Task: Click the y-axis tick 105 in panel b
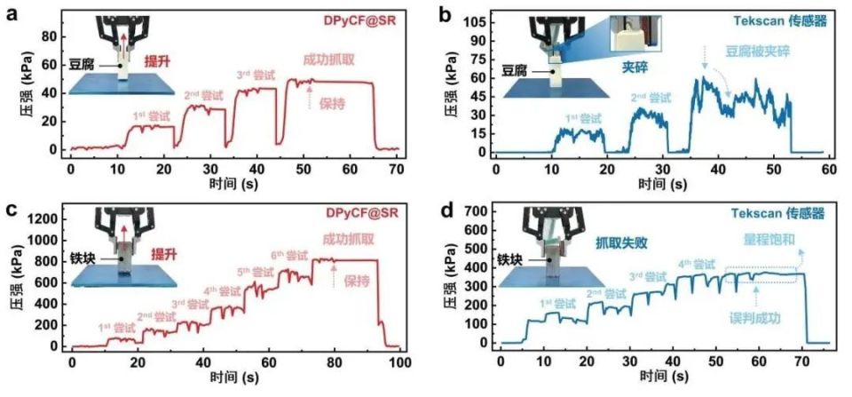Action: coord(475,20)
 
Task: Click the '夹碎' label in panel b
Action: coord(629,65)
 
